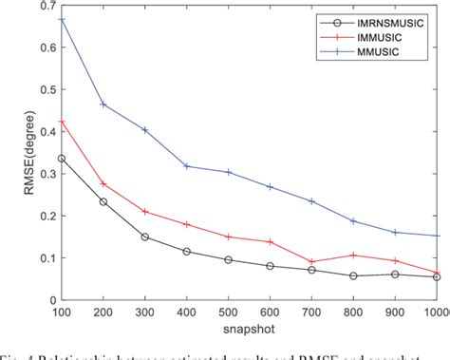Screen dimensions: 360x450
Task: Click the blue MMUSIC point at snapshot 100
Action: tap(62, 20)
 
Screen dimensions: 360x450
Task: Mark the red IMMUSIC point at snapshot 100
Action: tap(62, 123)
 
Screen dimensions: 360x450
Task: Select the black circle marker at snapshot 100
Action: tap(62, 159)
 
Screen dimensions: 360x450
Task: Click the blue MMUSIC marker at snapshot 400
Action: tap(187, 166)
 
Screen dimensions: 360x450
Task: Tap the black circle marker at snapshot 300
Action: tap(145, 237)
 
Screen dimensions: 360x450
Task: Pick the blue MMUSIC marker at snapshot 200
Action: tap(103, 104)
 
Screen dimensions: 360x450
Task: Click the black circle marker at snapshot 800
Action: tap(354, 275)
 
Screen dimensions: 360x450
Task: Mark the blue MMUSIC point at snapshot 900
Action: tap(396, 232)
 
